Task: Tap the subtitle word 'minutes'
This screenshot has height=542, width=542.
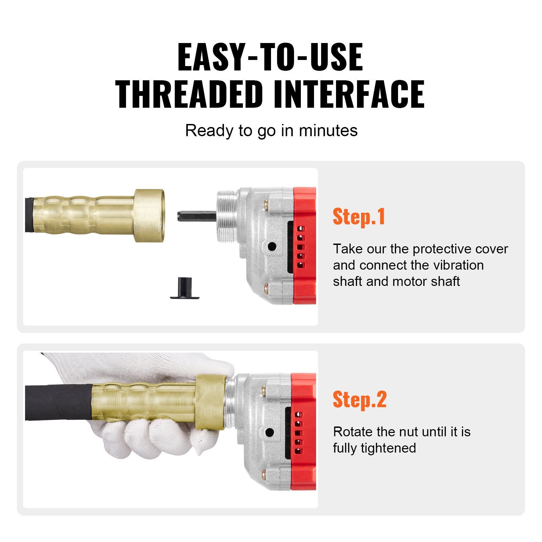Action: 328,131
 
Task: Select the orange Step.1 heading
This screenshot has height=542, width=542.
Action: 359,217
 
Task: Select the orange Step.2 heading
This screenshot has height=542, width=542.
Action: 359,400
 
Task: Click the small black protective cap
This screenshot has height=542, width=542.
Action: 184,289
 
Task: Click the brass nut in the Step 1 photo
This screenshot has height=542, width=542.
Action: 149,215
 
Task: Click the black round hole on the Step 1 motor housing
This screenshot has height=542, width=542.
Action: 272,246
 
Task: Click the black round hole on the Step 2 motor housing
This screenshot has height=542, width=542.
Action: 270,432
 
